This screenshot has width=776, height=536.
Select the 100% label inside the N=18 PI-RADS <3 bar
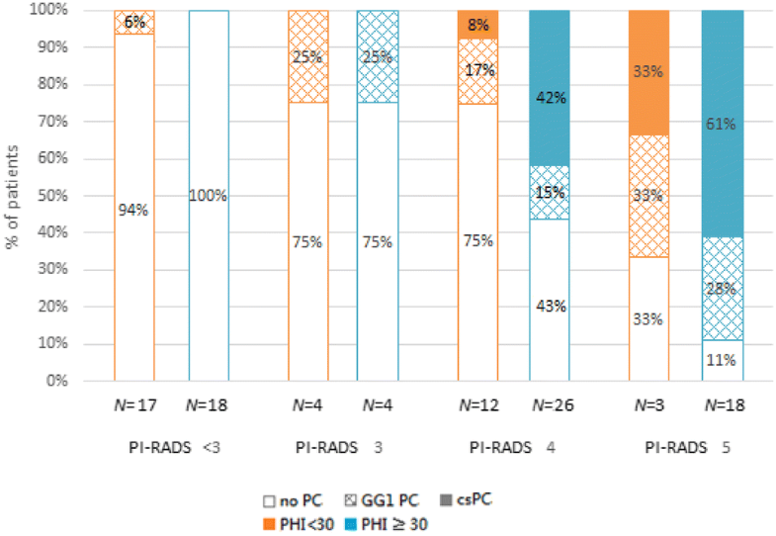pyautogui.click(x=209, y=196)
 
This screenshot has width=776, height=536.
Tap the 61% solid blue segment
pyautogui.click(x=722, y=124)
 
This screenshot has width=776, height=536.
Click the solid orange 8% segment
pyautogui.click(x=477, y=25)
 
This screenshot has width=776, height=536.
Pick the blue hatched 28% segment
pyautogui.click(x=722, y=289)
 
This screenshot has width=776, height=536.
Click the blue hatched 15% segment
pyautogui.click(x=550, y=193)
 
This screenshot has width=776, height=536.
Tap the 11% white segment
pyautogui.click(x=722, y=360)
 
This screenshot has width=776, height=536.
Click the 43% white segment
pyautogui.click(x=550, y=307)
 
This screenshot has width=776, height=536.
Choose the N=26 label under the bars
pyautogui.click(x=550, y=404)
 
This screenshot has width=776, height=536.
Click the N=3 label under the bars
pyautogui.click(x=649, y=404)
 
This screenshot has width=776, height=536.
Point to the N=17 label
pyautogui.click(x=134, y=404)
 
